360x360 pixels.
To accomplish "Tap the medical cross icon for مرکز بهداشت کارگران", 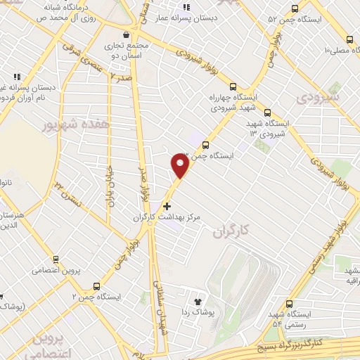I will [x=167, y=206].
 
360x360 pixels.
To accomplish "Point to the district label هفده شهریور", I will [x=49, y=124].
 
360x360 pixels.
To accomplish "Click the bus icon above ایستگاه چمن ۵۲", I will [x=294, y=9].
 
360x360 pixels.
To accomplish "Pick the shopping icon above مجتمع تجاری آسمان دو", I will [x=126, y=34].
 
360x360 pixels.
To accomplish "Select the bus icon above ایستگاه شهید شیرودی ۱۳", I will [x=266, y=112].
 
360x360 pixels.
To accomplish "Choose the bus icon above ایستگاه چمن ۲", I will [x=96, y=286].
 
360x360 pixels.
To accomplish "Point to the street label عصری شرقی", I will [x=89, y=60].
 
